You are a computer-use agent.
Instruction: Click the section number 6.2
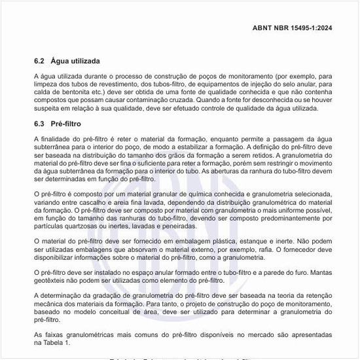(x=39, y=61)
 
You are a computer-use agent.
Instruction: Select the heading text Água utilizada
(x=75, y=61)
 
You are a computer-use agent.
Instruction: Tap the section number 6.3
(x=39, y=123)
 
